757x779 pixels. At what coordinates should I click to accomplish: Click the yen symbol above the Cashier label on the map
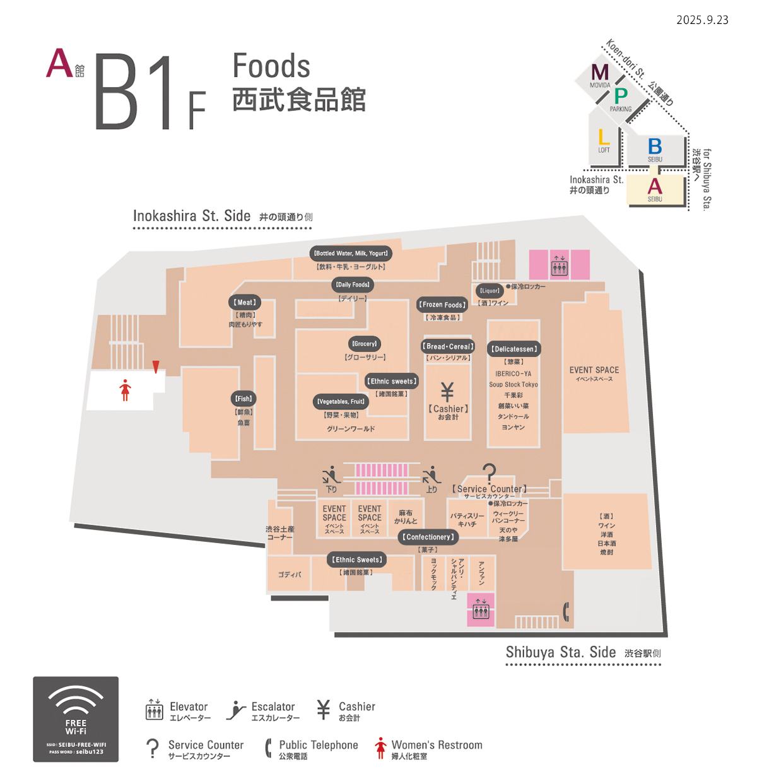pyautogui.click(x=447, y=392)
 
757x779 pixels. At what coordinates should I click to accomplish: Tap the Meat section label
pyautogui.click(x=245, y=303)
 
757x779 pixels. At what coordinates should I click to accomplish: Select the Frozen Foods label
pyautogui.click(x=443, y=305)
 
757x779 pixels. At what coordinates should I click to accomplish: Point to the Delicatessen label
pyautogui.click(x=514, y=349)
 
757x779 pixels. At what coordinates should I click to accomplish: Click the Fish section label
pyautogui.click(x=244, y=399)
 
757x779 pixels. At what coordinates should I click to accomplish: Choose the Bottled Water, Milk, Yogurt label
pyautogui.click(x=351, y=254)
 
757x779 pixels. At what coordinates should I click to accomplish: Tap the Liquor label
pyautogui.click(x=490, y=291)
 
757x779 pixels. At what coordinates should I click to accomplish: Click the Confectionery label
pyautogui.click(x=428, y=537)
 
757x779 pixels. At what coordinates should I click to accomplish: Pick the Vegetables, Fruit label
pyautogui.click(x=341, y=402)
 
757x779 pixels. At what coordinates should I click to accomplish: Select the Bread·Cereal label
pyautogui.click(x=449, y=346)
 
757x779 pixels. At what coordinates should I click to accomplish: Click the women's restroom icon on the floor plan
pyautogui.click(x=126, y=390)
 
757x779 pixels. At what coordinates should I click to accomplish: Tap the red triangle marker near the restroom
pyautogui.click(x=156, y=366)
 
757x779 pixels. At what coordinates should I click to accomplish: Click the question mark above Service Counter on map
pyautogui.click(x=489, y=472)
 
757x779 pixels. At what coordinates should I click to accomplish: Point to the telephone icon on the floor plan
pyautogui.click(x=566, y=611)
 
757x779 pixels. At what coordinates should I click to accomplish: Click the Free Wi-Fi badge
pyautogui.click(x=76, y=719)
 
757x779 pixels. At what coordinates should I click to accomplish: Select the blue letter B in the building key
pyautogui.click(x=655, y=146)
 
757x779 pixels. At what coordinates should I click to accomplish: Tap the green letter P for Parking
pyautogui.click(x=621, y=95)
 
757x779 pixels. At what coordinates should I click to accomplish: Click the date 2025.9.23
pyautogui.click(x=702, y=20)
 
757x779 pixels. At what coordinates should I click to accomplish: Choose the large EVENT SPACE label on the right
pyautogui.click(x=594, y=370)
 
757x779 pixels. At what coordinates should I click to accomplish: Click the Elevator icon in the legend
pyautogui.click(x=154, y=710)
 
